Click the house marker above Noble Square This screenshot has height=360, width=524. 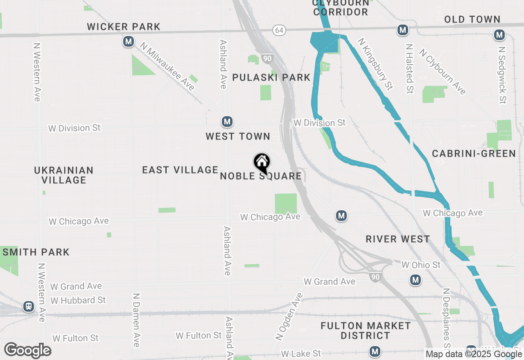pyautogui.click(x=262, y=163)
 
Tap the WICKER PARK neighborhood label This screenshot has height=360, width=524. pyautogui.click(x=124, y=27)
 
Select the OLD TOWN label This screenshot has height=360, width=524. pyautogui.click(x=472, y=19)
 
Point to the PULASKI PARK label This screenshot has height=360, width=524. pyautogui.click(x=271, y=78)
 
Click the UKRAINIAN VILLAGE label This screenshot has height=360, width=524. pyautogui.click(x=64, y=175)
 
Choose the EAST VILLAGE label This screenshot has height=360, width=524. pyautogui.click(x=180, y=170)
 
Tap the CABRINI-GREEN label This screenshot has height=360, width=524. pyautogui.click(x=474, y=153)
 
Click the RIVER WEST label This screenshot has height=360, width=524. pyautogui.click(x=398, y=239)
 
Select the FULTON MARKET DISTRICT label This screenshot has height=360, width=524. pyautogui.click(x=366, y=331)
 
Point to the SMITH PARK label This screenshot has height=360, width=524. pyautogui.click(x=36, y=252)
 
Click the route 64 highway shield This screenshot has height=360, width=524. pyautogui.click(x=279, y=30)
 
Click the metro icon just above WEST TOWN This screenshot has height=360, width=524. pyautogui.click(x=227, y=122)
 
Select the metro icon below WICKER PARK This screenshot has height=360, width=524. pyautogui.click(x=129, y=41)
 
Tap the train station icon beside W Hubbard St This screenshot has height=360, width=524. pyautogui.click(x=29, y=306)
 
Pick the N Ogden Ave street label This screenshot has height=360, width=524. pyautogui.click(x=289, y=317)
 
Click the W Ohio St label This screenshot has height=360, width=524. pyautogui.click(x=421, y=265)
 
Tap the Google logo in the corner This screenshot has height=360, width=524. pyautogui.click(x=28, y=351)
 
